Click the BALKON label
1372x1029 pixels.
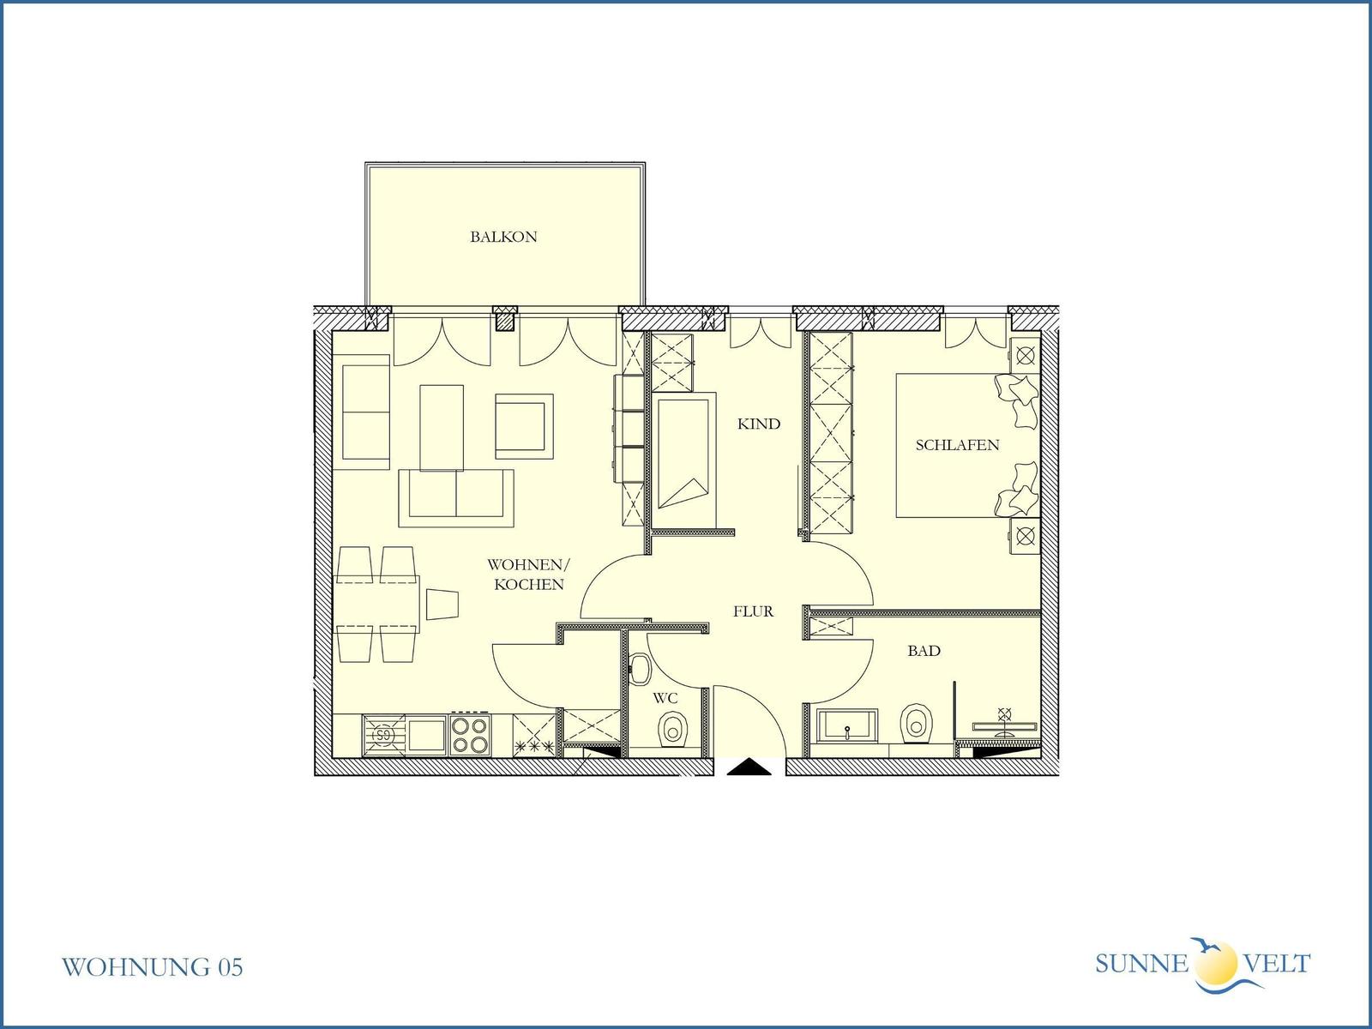pos(503,237)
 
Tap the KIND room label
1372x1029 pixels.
pos(759,424)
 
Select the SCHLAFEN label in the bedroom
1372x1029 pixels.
pos(957,445)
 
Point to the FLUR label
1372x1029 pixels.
pos(753,611)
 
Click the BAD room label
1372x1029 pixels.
pos(924,651)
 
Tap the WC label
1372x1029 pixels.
pos(665,698)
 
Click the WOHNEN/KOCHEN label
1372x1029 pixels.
pos(529,575)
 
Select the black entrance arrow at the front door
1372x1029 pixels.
pos(749,767)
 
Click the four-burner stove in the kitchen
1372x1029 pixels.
pos(470,736)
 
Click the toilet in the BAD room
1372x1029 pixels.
pos(916,724)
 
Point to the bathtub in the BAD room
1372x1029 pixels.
pos(847,726)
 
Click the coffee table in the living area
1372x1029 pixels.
pos(442,427)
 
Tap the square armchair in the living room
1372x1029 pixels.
pos(524,426)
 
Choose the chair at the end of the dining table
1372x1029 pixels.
pos(442,605)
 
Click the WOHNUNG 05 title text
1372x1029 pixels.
pos(152,967)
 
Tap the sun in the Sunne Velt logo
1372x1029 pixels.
pos(1216,962)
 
